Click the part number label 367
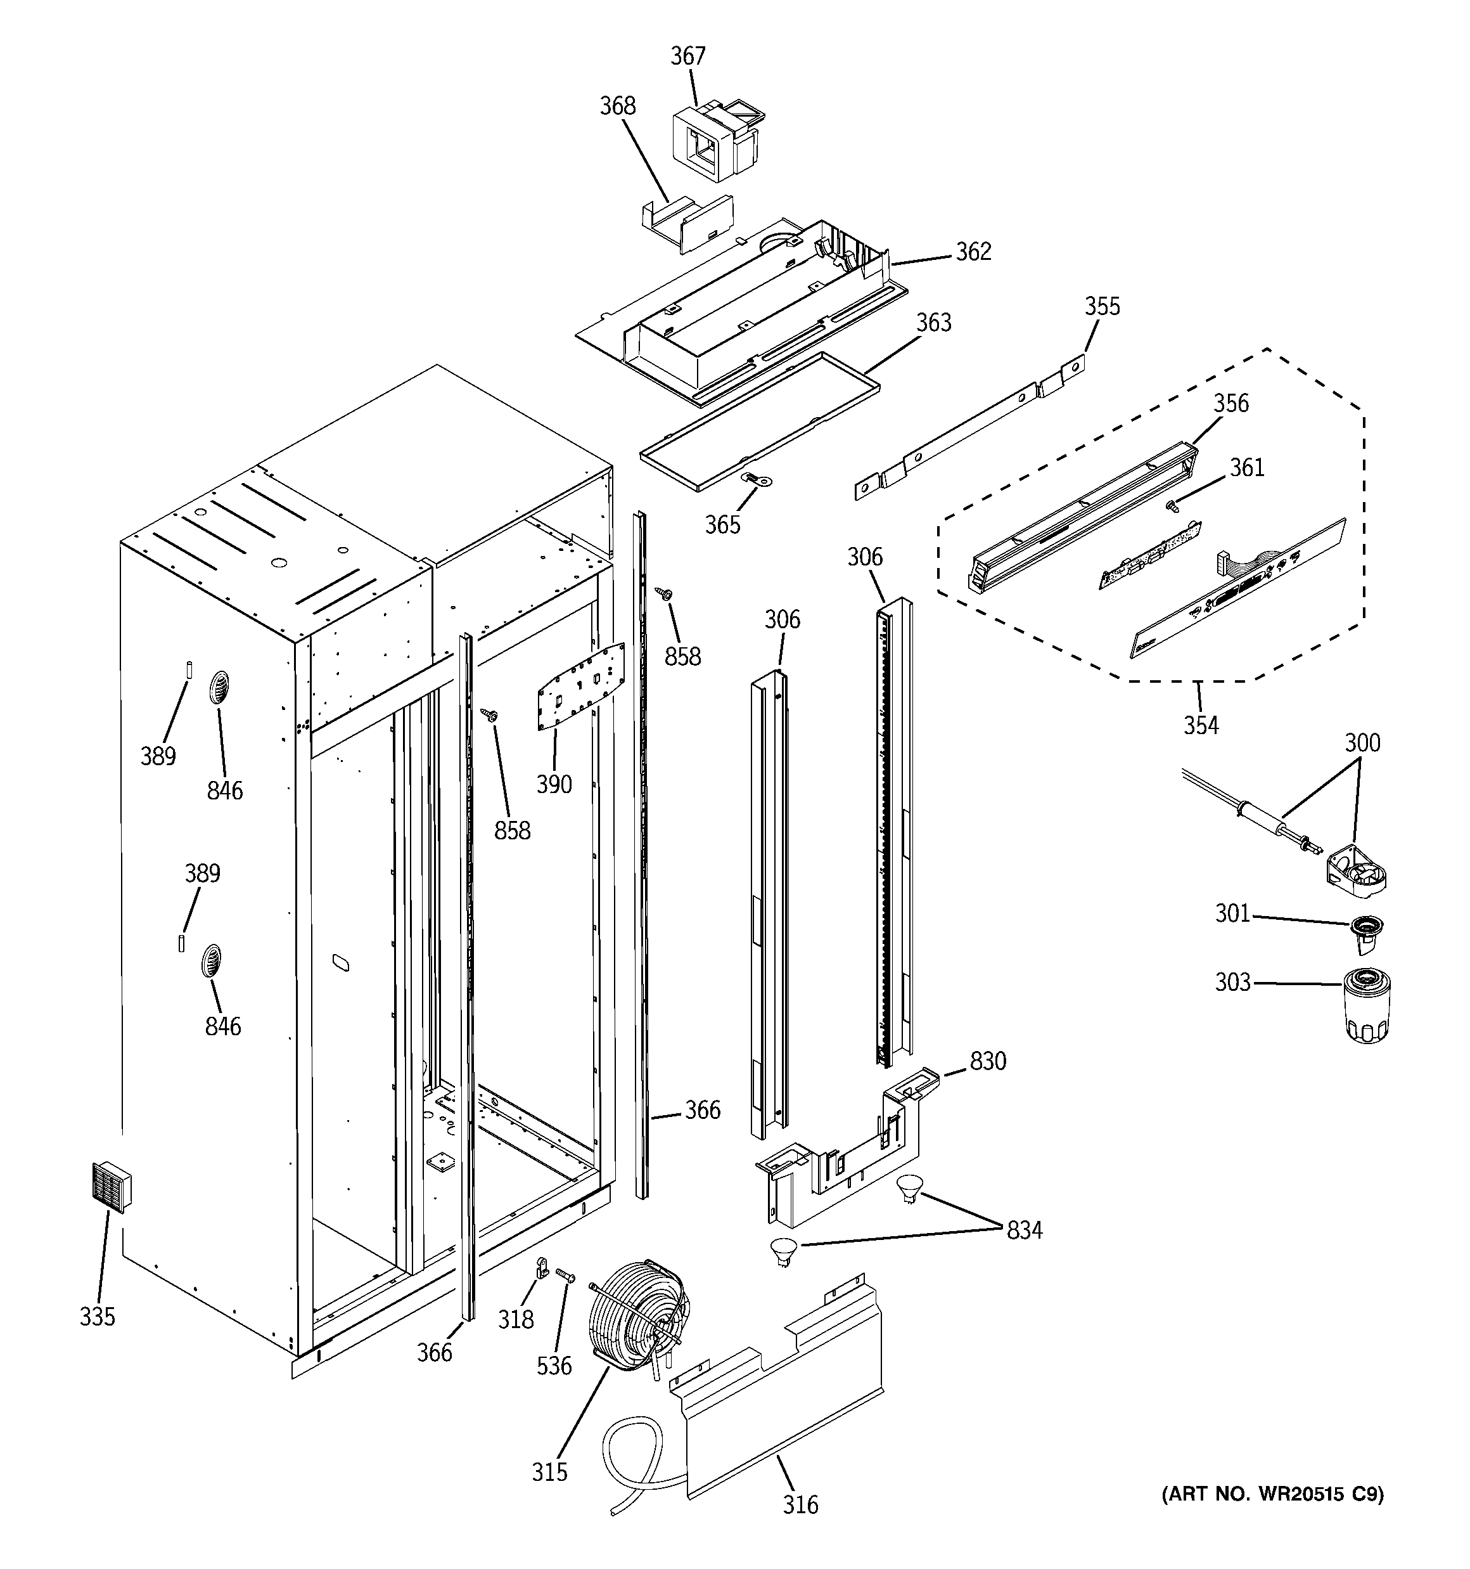pos(688,56)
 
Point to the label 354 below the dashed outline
pos(1200,725)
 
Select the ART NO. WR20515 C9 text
pos(1272,1493)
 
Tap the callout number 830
pos(988,1061)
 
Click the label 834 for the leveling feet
pos(1024,1230)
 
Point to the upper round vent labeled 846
pos(219,688)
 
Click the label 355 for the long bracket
pos(1101,306)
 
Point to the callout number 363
pos(933,323)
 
